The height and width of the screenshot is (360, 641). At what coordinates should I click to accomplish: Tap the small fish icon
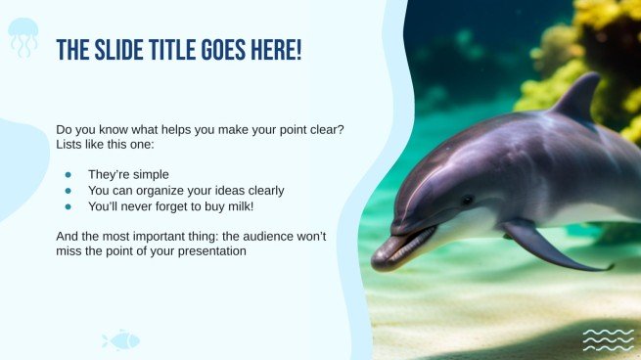point(121,340)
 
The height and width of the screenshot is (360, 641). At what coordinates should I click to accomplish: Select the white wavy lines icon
point(608,339)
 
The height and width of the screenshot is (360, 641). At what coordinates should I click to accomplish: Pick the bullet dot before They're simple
point(69,174)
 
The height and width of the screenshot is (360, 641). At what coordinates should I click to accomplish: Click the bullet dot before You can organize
point(69,191)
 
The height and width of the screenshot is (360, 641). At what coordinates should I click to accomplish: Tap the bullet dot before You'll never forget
point(69,207)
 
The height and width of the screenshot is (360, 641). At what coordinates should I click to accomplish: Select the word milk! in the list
point(262,207)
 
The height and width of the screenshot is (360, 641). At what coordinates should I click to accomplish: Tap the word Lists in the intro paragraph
point(71,145)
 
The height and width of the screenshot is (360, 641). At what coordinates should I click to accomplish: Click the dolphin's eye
point(468,200)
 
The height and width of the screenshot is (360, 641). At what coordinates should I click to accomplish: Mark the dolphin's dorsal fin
point(579,98)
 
